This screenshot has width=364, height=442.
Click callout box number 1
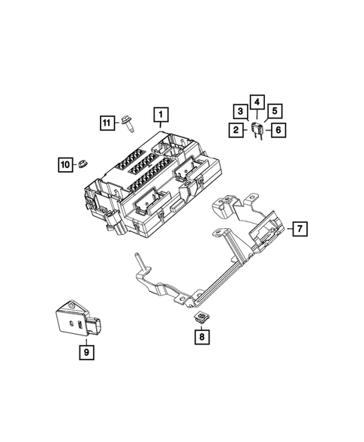coord(161,115)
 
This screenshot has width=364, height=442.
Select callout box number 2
coord(236,131)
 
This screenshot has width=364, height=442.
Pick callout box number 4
coord(257,101)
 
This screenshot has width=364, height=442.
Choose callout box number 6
coord(278,131)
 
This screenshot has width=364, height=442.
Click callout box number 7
coord(297,227)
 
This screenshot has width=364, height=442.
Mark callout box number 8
coord(201,339)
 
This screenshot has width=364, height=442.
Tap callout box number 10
coord(65,163)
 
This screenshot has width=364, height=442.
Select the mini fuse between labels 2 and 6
coord(257,129)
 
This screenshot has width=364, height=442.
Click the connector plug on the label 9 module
coord(98,329)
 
